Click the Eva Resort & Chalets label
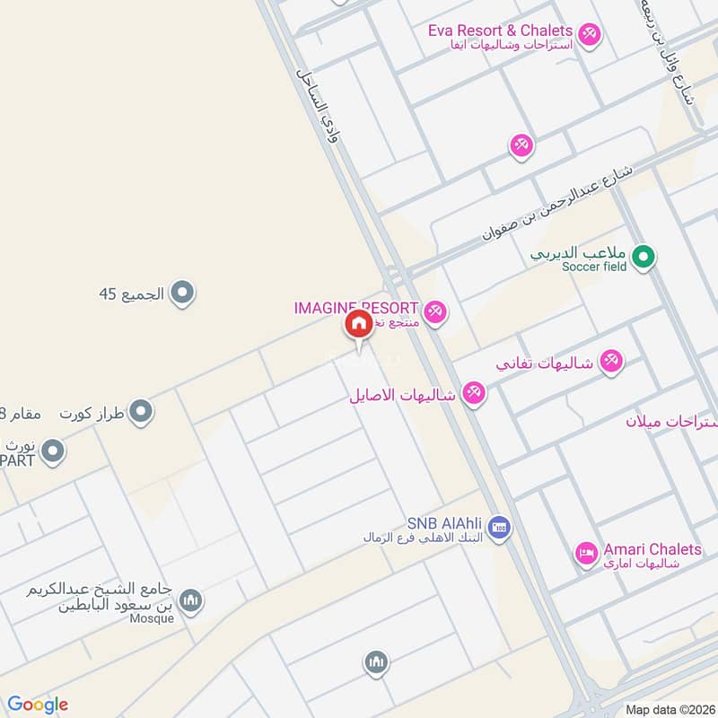[500, 30]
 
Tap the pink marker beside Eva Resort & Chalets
[589, 35]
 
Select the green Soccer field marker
[643, 258]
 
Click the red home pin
[357, 325]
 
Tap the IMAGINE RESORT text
[356, 308]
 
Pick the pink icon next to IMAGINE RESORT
[435, 311]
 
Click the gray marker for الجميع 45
[183, 293]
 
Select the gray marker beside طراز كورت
[140, 413]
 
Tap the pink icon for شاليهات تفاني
[610, 361]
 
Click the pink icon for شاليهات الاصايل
[474, 393]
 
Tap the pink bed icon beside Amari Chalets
[587, 554]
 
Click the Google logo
[38, 705]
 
